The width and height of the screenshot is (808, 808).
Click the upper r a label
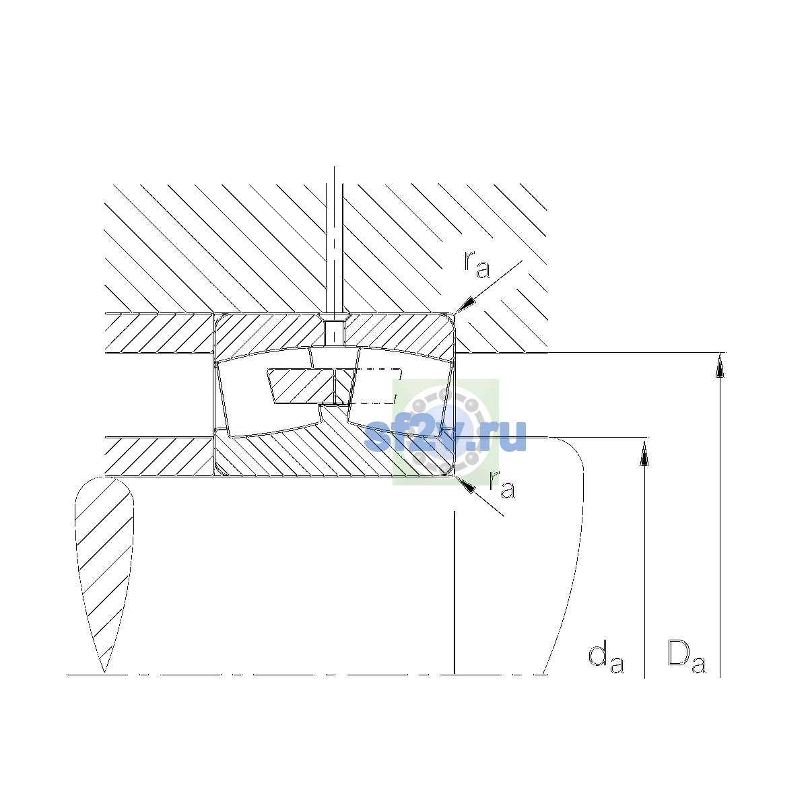(x=477, y=265)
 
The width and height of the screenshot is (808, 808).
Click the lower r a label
(x=502, y=485)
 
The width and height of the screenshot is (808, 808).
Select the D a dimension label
(x=686, y=656)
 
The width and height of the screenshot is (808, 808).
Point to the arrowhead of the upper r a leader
(x=465, y=304)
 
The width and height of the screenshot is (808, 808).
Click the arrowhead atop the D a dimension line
(x=720, y=365)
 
